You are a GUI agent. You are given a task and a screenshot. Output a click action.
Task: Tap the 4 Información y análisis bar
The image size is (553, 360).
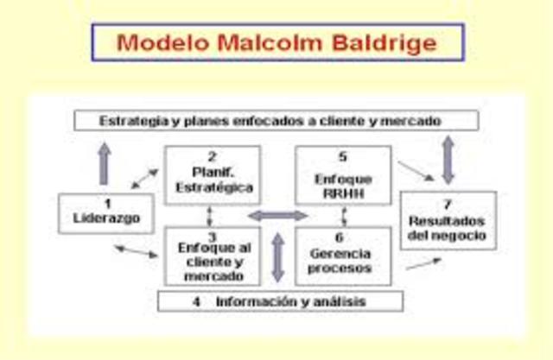click(x=281, y=301)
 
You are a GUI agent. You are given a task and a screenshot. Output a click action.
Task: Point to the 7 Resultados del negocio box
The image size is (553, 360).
click(x=448, y=220)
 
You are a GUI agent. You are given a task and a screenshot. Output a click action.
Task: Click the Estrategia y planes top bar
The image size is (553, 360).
click(x=276, y=121)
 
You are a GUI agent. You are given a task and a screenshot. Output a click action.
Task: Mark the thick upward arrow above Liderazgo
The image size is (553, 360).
click(x=105, y=163)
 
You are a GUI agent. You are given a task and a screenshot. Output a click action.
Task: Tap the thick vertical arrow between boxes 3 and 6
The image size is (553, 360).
click(x=277, y=256)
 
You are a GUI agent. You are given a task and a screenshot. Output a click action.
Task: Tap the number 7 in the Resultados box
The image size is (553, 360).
click(x=448, y=205)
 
